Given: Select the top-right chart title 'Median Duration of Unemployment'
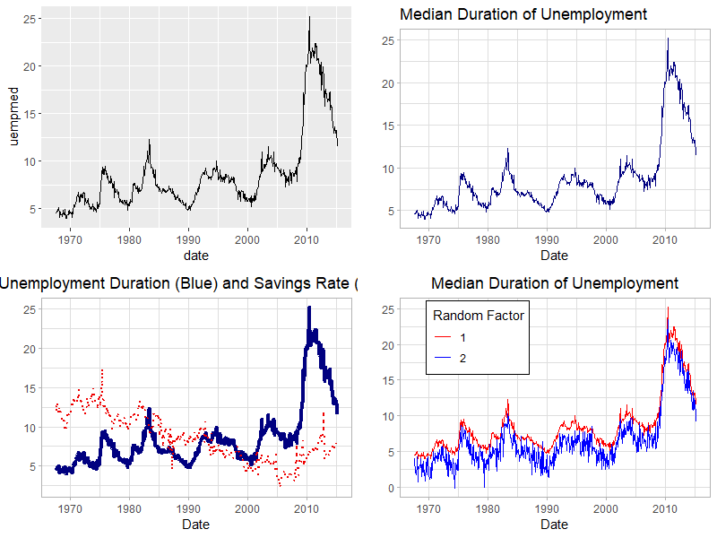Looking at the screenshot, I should pos(523,14).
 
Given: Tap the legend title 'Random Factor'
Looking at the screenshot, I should pos(478,316).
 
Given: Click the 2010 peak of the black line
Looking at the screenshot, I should pos(309,16).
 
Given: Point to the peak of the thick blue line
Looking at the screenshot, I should pos(309,308).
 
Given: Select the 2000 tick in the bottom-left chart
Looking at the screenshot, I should pos(247,508).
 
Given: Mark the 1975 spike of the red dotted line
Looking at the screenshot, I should pos(103,369).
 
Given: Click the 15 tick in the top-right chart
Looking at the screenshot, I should pos(388,126).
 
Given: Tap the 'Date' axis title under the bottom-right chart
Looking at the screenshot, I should pos(554,525).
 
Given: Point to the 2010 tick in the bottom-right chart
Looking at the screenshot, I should pos(665,508).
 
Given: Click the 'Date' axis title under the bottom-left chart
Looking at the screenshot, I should pos(195,525).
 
